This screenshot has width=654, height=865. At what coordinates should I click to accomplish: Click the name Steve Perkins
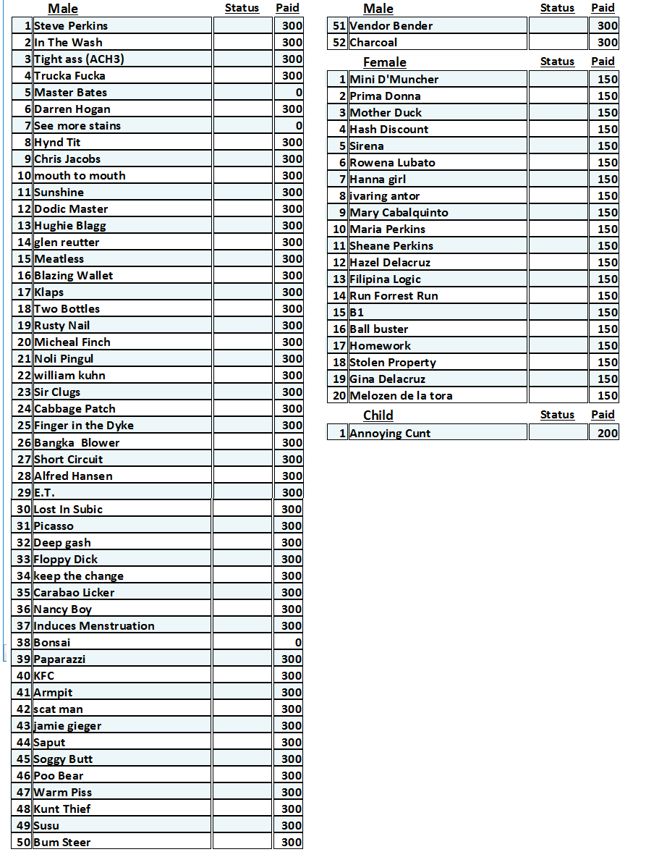(71, 26)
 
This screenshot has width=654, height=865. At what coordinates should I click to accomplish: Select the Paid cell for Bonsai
(288, 643)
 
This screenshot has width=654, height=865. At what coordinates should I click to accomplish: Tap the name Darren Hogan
(72, 109)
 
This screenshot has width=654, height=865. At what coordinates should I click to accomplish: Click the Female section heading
(384, 62)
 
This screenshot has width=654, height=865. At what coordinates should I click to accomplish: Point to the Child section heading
(378, 415)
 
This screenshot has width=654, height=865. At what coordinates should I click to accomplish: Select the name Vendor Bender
(391, 26)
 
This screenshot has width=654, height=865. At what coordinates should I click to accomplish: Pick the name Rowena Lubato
(392, 163)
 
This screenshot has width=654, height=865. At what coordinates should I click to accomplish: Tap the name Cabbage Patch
(75, 409)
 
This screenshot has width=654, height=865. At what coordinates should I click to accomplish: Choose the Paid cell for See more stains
(288, 126)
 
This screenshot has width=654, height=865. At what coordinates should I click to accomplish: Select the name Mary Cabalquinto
(399, 213)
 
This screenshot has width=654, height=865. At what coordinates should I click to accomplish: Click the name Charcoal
(373, 43)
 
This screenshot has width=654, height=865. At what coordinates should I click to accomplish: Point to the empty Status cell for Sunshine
(242, 193)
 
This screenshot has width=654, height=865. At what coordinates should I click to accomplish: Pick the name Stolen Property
(393, 363)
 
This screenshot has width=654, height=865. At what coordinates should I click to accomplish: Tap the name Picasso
(54, 526)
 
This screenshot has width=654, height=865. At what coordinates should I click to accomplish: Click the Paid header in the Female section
(603, 62)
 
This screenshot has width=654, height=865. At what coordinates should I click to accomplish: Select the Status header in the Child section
(557, 415)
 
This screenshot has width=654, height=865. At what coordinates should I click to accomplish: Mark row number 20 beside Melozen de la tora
(339, 396)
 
